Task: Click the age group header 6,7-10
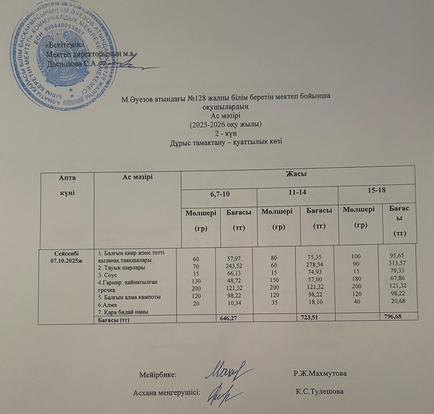218,194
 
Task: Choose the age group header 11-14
297,192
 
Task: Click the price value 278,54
314,264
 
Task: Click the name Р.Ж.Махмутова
320,374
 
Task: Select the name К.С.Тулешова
319,392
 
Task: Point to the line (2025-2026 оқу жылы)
226,124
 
